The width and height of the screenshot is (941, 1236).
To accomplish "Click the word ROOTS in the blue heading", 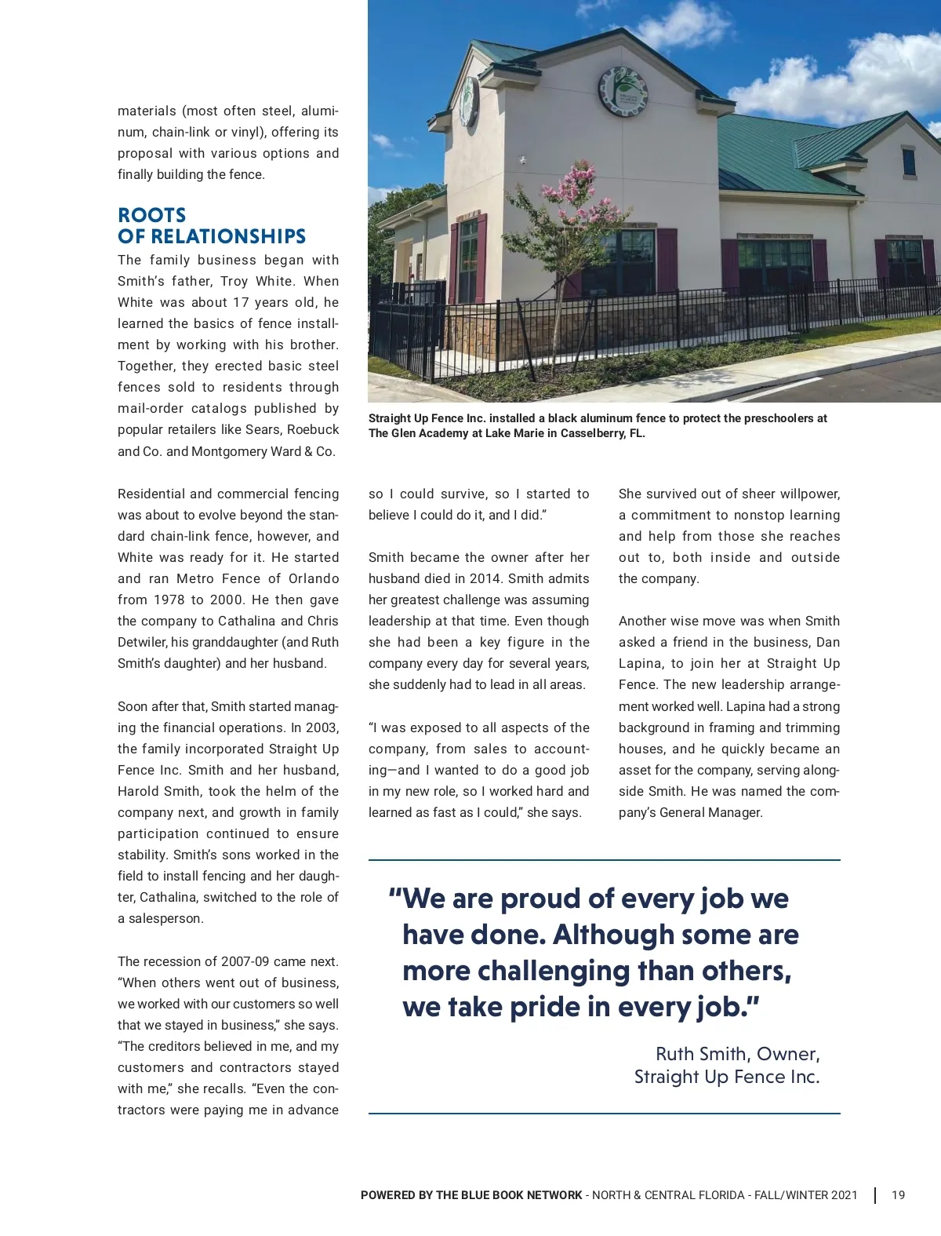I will (x=152, y=215).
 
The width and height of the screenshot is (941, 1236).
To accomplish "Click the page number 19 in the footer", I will (x=898, y=1195).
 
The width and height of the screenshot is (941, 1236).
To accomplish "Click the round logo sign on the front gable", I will (x=623, y=93).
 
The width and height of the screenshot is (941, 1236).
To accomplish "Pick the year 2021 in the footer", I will (x=845, y=1195).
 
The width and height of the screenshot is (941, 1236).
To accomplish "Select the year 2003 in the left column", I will (x=322, y=727).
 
